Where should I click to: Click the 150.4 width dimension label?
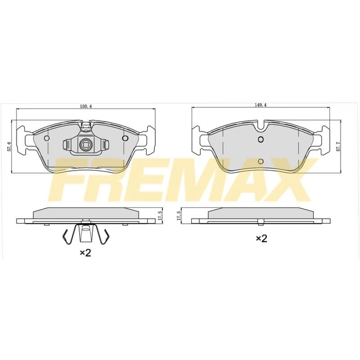tap(86, 106)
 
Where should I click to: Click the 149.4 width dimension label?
tap(260, 105)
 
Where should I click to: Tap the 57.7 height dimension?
tap(338, 146)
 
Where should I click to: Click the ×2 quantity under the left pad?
tap(86, 253)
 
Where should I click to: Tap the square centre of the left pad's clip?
tap(85, 145)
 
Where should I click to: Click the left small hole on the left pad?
tap(47, 138)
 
